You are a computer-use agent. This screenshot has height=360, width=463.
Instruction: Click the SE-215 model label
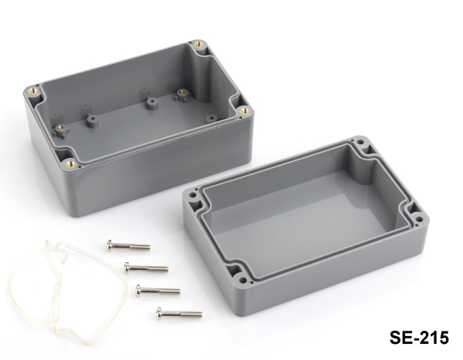tap(419, 338)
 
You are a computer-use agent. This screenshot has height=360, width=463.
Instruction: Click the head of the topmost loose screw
tap(110, 245)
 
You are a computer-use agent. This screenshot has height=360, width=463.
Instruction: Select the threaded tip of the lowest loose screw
tap(193, 314)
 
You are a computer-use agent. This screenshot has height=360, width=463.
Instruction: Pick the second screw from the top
tap(146, 268)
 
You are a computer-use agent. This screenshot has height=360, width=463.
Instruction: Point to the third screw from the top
tap(157, 291)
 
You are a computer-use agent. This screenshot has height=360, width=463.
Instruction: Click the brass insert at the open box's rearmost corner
tap(198, 45)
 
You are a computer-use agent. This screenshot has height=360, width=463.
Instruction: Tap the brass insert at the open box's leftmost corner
tap(33, 90)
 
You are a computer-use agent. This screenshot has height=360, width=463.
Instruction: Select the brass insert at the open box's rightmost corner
tap(244, 111)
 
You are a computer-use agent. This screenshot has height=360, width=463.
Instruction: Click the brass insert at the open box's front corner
tap(70, 163)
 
